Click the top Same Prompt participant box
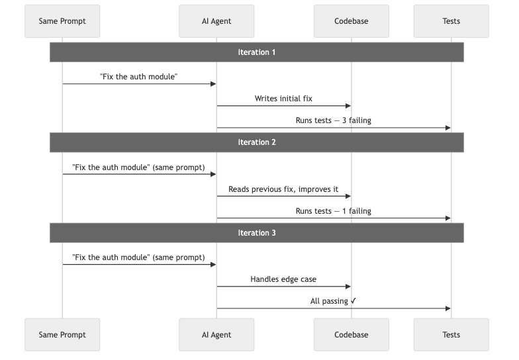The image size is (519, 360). pos(62,21)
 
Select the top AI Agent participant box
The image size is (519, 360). pos(216,21)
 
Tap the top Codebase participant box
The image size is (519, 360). pos(351,21)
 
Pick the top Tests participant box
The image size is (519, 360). pos(451,21)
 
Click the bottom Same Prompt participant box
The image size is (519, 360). pos(62,335)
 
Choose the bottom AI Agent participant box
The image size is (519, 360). pos(216,335)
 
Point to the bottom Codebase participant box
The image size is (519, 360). pos(351,335)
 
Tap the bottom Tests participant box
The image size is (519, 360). pos(451,335)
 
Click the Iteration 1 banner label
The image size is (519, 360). pos(257,52)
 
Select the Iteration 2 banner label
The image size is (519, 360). pos(257,142)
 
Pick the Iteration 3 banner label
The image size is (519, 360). pos(257,233)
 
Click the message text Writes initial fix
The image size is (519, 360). pos(283,99)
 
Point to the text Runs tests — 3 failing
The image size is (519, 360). pos(333,120)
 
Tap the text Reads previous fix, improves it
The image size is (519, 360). pos(283,189)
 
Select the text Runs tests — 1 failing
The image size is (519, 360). pos(333,211)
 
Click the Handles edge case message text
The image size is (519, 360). pos(283,279)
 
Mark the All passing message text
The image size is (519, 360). pos(333,301)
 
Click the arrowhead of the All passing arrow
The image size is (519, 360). pos(448,308)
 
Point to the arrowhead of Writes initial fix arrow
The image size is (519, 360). pos(348,106)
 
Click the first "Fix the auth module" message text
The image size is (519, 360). pos(138,77)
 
